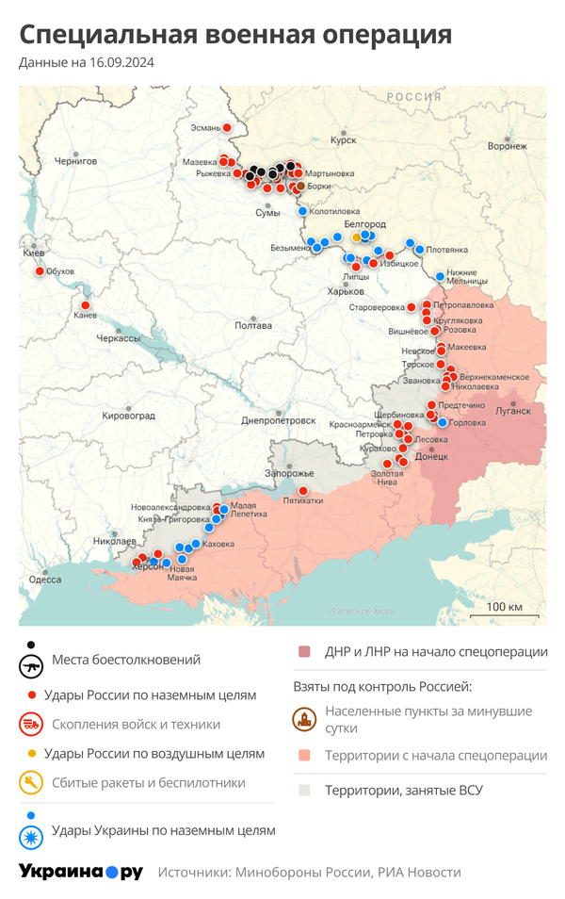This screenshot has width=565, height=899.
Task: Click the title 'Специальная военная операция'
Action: [235, 35]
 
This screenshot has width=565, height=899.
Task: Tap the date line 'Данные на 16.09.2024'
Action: [87, 63]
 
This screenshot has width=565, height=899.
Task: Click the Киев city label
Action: [33, 253]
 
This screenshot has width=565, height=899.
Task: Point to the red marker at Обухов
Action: [40, 272]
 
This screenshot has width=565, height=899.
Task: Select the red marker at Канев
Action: [85, 305]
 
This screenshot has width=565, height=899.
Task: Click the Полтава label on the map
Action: [253, 326]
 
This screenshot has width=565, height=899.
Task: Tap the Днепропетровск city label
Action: [279, 420]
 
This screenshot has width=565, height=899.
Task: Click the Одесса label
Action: [44, 580]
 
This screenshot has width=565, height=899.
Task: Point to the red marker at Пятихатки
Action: [302, 491]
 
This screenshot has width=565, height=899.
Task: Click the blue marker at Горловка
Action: [443, 423]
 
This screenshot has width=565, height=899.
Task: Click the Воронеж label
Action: [507, 146]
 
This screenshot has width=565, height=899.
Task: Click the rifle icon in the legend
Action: [32, 666]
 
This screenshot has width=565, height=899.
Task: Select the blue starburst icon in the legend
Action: [32, 837]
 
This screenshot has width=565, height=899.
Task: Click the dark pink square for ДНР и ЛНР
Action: [304, 652]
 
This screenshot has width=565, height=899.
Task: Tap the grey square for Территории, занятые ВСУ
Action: [304, 791]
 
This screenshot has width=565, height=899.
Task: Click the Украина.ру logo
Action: [81, 872]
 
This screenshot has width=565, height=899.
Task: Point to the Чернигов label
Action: [75, 161]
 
